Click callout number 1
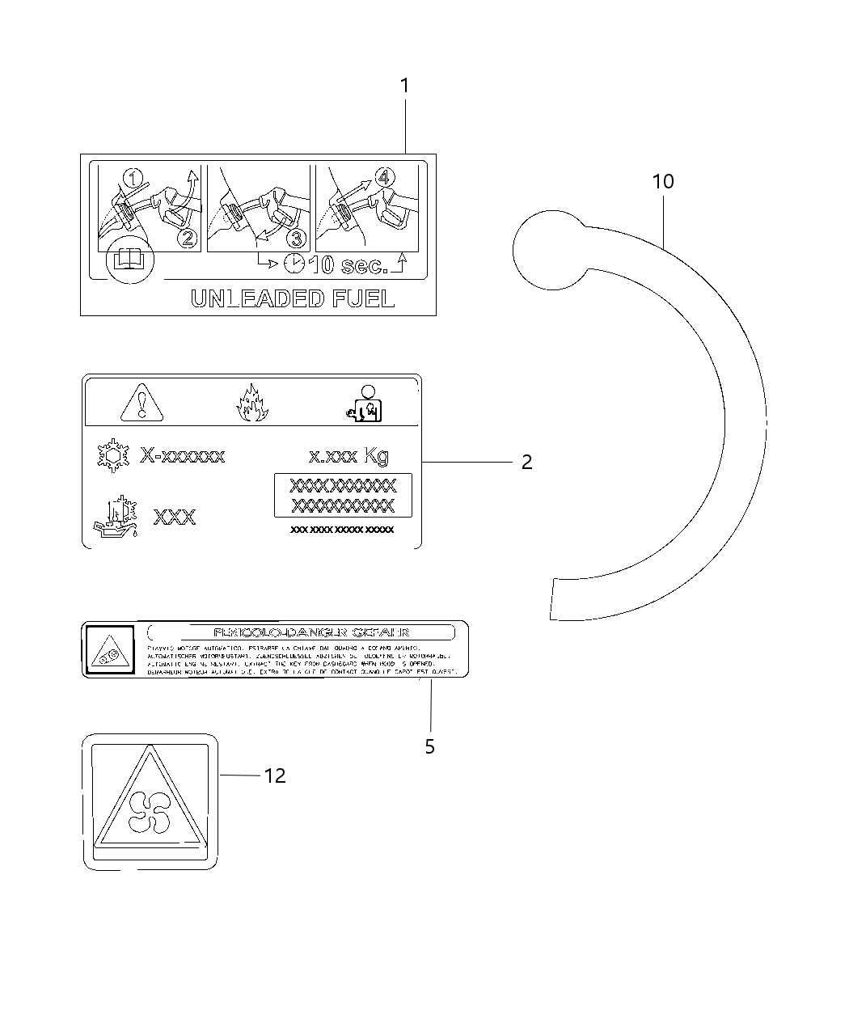pyautogui.click(x=404, y=86)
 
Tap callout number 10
pyautogui.click(x=663, y=182)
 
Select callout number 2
pyautogui.click(x=526, y=462)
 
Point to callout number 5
pyautogui.click(x=429, y=746)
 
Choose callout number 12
pyautogui.click(x=275, y=775)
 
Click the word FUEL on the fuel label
pyautogui.click(x=363, y=299)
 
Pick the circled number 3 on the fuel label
pyautogui.click(x=297, y=238)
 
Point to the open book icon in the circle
pyautogui.click(x=129, y=260)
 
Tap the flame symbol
pyautogui.click(x=250, y=404)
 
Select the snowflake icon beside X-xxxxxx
pyautogui.click(x=113, y=457)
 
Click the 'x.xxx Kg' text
pyautogui.click(x=348, y=456)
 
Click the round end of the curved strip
pyautogui.click(x=551, y=249)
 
